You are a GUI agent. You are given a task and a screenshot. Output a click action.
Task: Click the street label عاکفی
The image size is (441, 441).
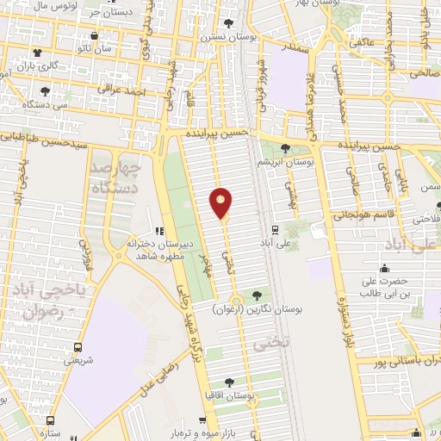pos(361,41)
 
